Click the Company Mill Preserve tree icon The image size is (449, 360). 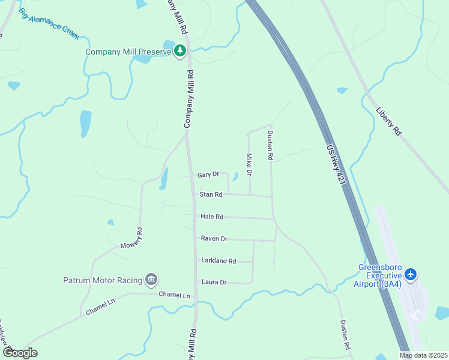179,52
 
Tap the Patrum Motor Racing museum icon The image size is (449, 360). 151,280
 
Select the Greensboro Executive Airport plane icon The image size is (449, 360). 411,275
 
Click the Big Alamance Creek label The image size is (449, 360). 49,24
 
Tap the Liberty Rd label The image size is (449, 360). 388,121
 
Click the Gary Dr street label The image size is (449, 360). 208,175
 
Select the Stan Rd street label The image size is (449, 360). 211,194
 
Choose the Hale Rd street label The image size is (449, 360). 211,217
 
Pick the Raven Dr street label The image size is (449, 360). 214,238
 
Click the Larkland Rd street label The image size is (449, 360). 218,261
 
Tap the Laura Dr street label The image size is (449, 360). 214,282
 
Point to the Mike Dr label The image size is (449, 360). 249,164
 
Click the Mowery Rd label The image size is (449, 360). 131,238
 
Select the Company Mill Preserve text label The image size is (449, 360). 128,52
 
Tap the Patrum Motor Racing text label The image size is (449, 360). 103,280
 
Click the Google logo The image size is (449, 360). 20,352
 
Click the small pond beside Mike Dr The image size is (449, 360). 235,176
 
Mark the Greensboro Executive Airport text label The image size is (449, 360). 379,275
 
